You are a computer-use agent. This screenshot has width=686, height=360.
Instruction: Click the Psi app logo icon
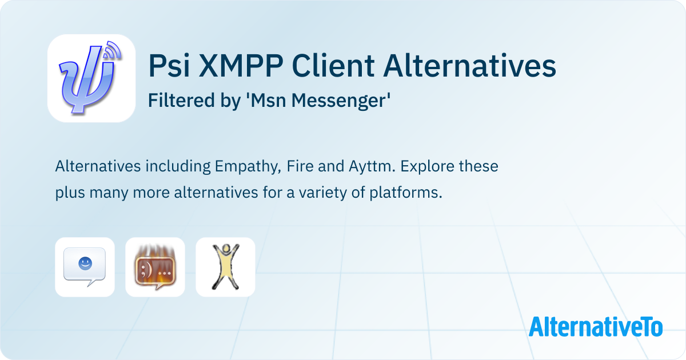[x=91, y=78]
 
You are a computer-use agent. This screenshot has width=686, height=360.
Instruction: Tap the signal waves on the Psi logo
[x=112, y=50]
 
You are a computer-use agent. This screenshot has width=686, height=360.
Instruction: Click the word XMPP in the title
[x=241, y=66]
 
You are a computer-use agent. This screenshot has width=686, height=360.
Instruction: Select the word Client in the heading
[x=333, y=65]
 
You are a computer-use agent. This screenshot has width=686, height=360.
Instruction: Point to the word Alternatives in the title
[x=469, y=65]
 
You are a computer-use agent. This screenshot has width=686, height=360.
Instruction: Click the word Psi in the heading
[x=169, y=65]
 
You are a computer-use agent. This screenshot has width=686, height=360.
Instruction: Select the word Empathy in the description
[x=248, y=167]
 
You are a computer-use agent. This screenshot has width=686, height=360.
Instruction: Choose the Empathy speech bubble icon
[x=85, y=267]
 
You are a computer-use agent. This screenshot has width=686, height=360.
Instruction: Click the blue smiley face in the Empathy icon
[x=85, y=263]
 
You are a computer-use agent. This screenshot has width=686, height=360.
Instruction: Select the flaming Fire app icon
[x=155, y=267]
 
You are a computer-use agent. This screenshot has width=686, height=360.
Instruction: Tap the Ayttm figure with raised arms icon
[x=225, y=267]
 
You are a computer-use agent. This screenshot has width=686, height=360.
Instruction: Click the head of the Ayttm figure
[x=226, y=248]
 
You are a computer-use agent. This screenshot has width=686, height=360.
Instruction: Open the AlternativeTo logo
[x=596, y=327]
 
